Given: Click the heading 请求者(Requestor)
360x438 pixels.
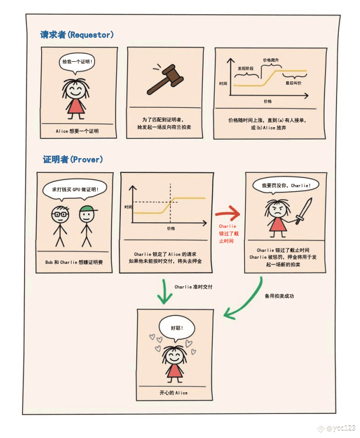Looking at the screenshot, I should pyautogui.click(x=77, y=35).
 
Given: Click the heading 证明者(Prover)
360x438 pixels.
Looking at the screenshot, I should pyautogui.click(x=73, y=159).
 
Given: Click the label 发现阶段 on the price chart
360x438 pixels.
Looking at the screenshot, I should pyautogui.click(x=245, y=68).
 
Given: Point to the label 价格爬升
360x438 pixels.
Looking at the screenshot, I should pyautogui.click(x=271, y=60).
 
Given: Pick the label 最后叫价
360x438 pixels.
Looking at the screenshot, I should pyautogui.click(x=294, y=83).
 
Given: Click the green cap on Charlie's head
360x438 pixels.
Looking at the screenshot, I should pyautogui.click(x=86, y=211).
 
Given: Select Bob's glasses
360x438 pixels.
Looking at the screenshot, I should pyautogui.click(x=59, y=214).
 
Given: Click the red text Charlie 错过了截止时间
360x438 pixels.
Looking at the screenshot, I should pyautogui.click(x=227, y=234).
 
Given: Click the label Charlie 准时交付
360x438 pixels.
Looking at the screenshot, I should pyautogui.click(x=193, y=286).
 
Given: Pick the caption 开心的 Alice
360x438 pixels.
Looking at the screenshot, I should pyautogui.click(x=173, y=393).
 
